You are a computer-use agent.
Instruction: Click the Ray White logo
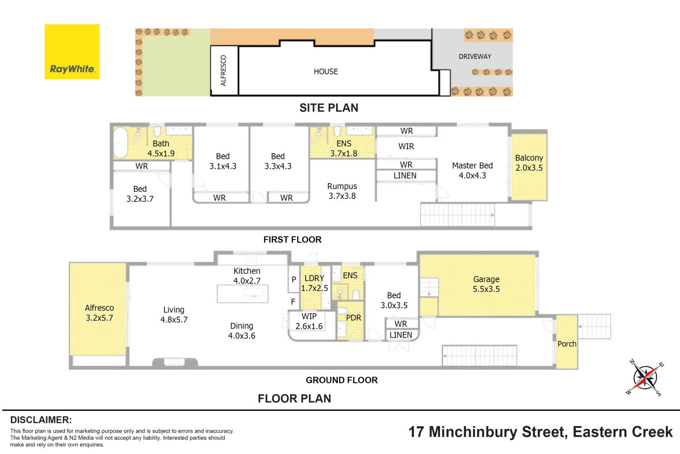72,52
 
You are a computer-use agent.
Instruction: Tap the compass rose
645,377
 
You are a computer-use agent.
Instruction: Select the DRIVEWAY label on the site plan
475,57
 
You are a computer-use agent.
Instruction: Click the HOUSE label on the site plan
326,71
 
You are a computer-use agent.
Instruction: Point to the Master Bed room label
472,170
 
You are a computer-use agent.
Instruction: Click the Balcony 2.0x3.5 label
529,163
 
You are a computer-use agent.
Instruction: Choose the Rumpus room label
342,191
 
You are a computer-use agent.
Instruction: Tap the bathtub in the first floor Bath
120,143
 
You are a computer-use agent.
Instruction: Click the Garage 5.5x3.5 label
486,284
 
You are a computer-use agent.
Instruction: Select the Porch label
567,344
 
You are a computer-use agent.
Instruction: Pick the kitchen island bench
243,294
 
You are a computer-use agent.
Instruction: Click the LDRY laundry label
314,278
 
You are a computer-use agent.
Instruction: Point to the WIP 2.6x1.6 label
309,321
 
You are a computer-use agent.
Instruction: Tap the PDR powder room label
354,318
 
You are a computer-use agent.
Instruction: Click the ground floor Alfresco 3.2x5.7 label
99,313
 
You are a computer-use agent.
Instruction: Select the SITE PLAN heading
329,108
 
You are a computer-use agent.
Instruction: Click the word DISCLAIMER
41,420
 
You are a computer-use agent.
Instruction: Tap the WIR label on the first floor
406,147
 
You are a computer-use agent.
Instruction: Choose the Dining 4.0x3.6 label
242,331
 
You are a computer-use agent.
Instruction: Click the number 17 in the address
416,432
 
